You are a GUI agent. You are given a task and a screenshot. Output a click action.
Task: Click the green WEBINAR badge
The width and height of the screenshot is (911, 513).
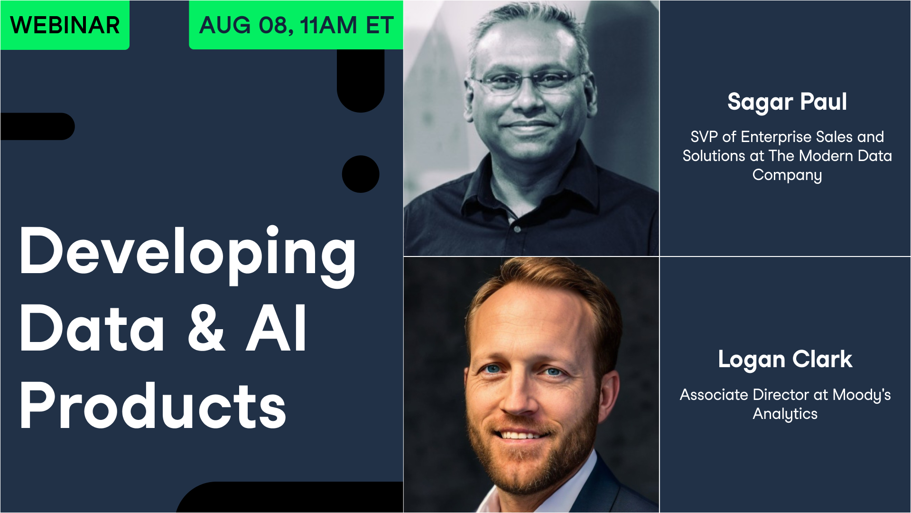tap(65, 25)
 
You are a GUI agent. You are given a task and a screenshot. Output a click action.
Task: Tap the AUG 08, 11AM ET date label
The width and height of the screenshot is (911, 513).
tap(296, 25)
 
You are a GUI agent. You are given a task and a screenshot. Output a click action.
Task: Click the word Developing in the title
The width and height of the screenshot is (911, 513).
tap(187, 252)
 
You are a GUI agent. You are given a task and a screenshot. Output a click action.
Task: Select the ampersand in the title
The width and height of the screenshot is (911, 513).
tap(206, 329)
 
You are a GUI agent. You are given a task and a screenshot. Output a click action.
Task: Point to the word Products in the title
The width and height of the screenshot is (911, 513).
tap(153, 406)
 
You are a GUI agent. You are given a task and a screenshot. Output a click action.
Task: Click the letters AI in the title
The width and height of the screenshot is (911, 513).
tap(276, 329)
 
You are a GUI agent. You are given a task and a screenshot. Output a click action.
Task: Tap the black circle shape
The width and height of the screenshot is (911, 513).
tap(361, 174)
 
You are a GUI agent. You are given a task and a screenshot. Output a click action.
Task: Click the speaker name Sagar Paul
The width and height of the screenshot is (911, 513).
tap(787, 102)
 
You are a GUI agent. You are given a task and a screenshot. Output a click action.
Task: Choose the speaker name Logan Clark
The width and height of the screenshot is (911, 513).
tap(785, 360)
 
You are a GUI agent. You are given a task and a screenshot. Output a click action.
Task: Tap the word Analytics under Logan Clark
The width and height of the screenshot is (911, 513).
tap(785, 414)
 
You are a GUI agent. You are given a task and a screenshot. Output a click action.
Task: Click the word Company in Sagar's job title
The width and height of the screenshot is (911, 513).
tap(787, 175)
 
